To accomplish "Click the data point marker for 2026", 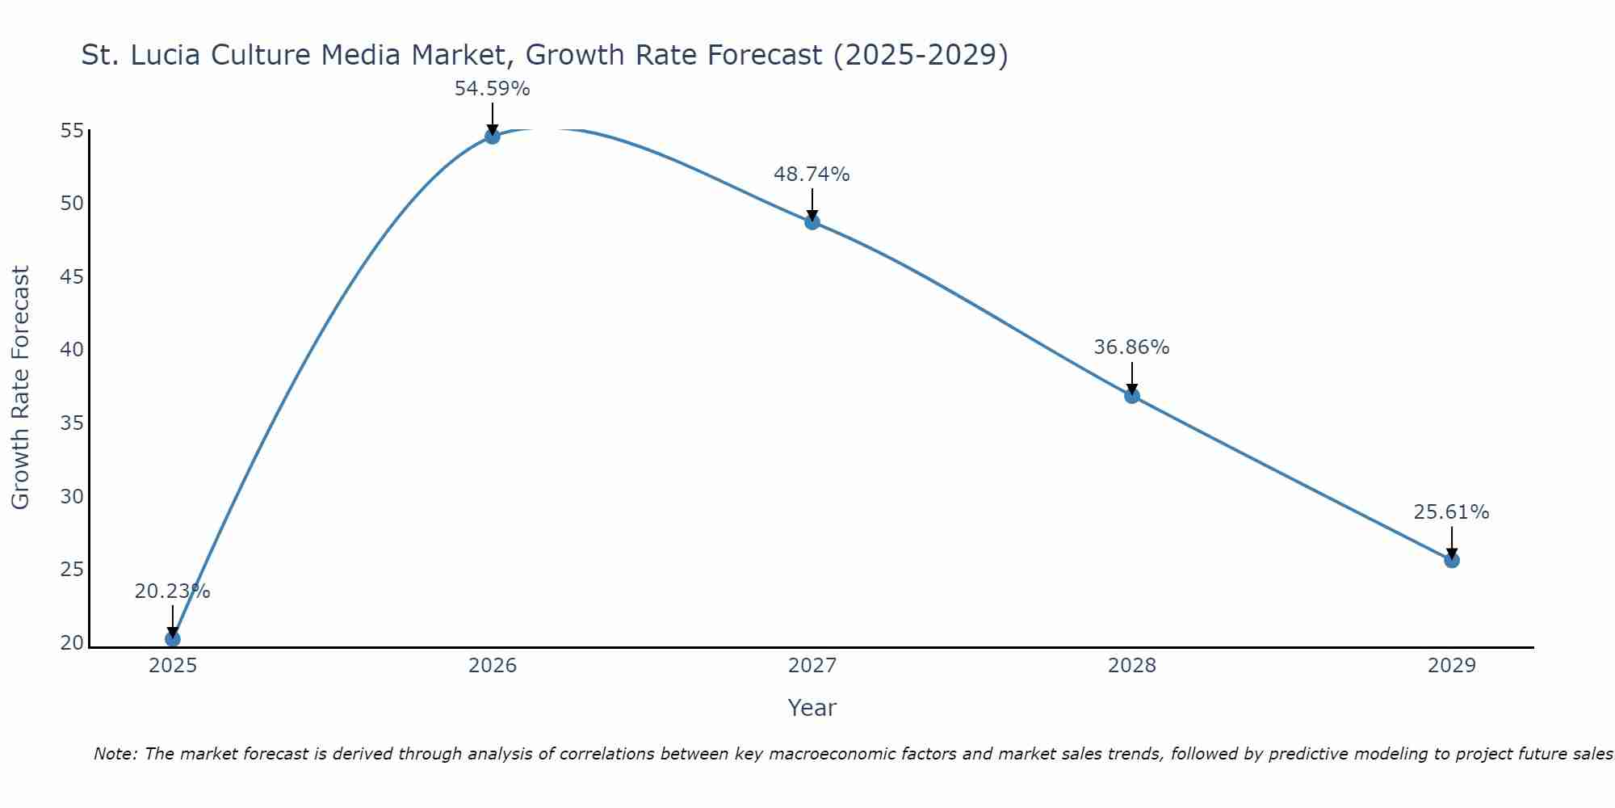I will [493, 136].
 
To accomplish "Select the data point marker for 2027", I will [812, 222].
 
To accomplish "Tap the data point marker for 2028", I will [1132, 396].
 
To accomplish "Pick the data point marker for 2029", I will [1452, 560].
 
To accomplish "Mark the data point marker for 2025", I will [173, 639].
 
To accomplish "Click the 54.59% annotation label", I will [493, 89].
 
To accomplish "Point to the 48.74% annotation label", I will [812, 175].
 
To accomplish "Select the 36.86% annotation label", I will [1131, 347].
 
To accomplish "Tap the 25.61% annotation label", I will [1451, 512].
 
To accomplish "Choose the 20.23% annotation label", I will [172, 591].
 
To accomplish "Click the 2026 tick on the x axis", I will [493, 666].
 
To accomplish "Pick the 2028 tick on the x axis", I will [1132, 666].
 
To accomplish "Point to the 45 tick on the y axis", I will [72, 277].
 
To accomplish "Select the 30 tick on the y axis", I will [72, 497].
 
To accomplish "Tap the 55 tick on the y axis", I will [72, 131].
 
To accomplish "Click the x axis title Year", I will [812, 708].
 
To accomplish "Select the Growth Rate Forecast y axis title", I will [20, 388].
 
